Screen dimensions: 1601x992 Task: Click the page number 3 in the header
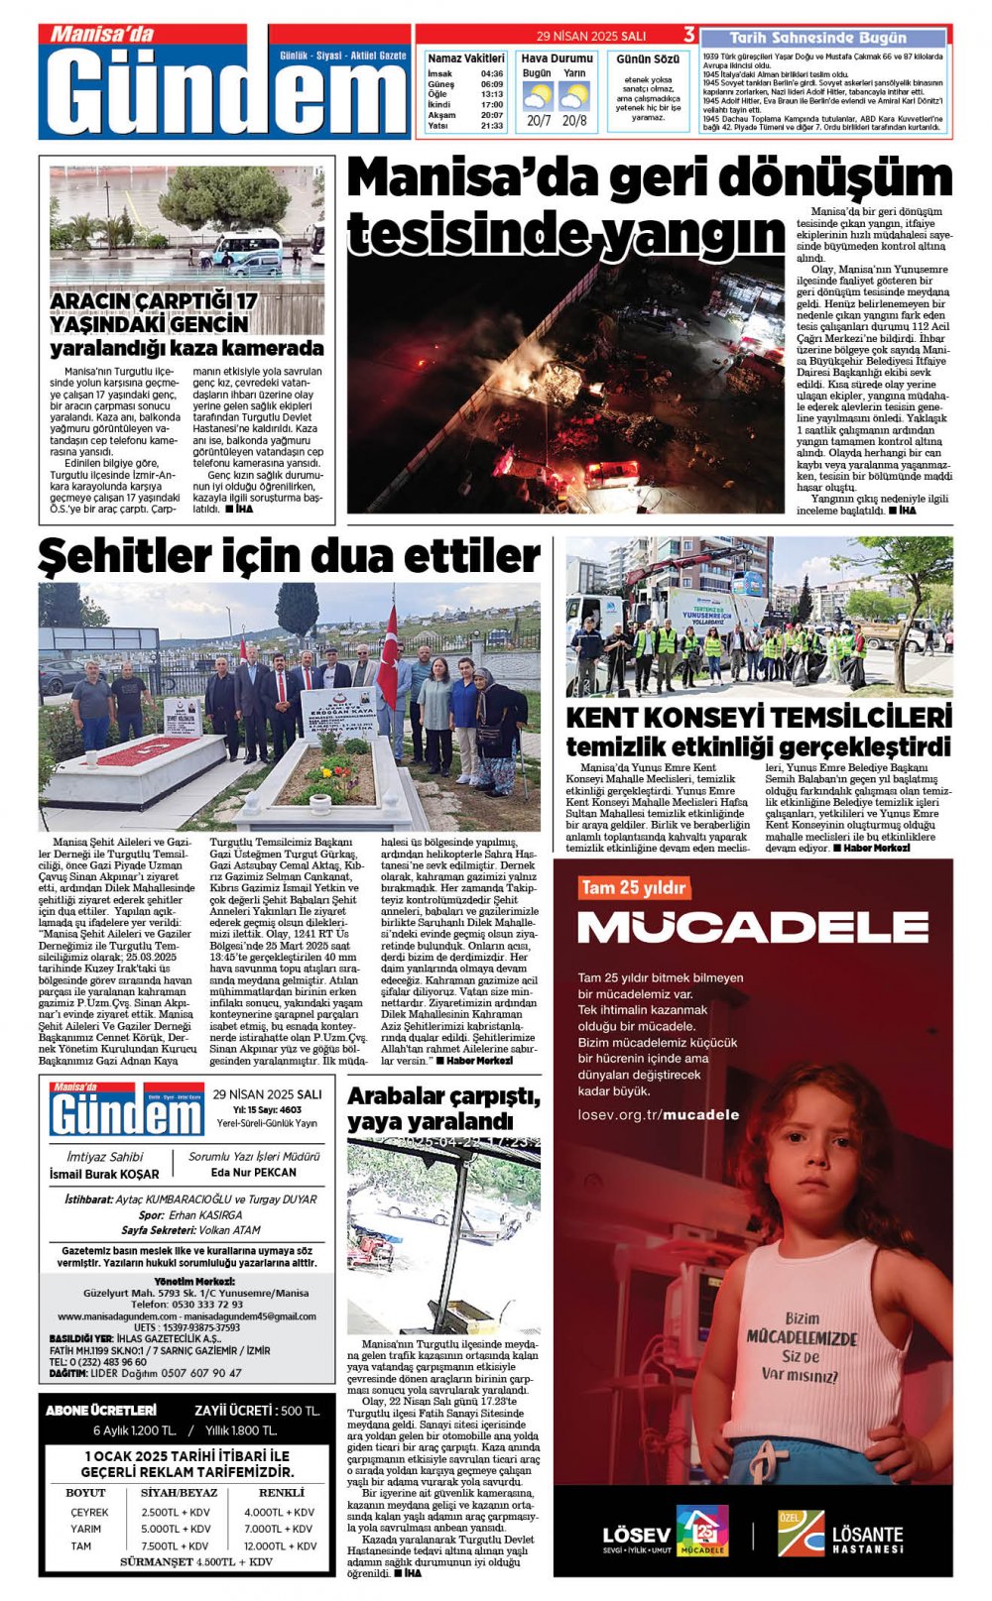point(689,35)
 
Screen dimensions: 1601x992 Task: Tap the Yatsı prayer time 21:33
point(491,126)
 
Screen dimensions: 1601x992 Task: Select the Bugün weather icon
point(537,97)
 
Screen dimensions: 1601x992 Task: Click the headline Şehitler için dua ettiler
point(289,556)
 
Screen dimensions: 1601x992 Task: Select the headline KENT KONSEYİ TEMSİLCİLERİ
point(759,717)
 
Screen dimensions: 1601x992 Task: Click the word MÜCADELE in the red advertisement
point(753,927)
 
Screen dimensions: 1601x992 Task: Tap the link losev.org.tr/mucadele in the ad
point(659,1114)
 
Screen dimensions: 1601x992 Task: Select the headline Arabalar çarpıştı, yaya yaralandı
point(443,1109)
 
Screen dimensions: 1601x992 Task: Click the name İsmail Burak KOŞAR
point(104,1174)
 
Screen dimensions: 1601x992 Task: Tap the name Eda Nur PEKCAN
point(254,1172)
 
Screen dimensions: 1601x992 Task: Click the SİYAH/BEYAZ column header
point(180,1492)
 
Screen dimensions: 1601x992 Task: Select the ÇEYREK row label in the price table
point(89,1512)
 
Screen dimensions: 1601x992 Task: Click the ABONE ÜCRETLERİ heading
point(101,1410)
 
